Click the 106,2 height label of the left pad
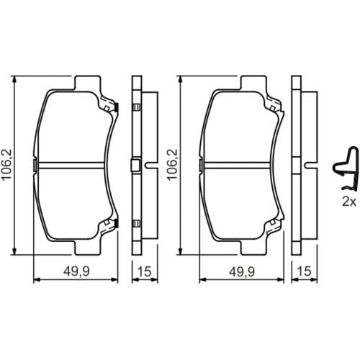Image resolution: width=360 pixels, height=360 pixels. coord(6,164)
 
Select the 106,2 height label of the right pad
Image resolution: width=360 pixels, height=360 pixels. coord(172,164)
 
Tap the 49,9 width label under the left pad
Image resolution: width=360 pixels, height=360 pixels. coord(76,271)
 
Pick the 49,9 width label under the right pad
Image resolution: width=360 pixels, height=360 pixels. coord(242,271)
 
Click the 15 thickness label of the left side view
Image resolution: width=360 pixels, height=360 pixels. coord(145,271)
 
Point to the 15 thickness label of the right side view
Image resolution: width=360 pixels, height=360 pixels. coord(304,271)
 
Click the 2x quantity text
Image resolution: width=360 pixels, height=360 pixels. coord(349,202)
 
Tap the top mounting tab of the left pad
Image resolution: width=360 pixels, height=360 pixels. coord(87,83)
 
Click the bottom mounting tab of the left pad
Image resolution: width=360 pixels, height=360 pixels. coord(87,247)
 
